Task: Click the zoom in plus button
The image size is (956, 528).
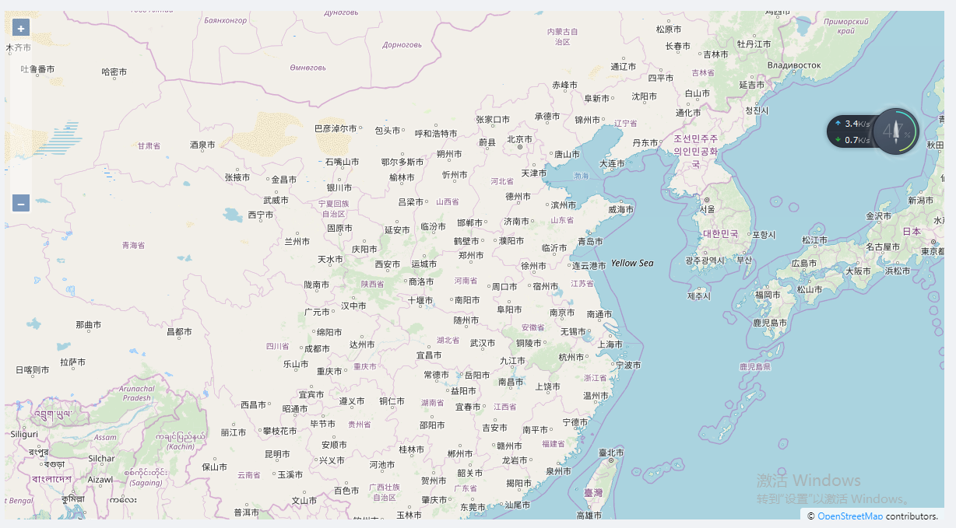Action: [21, 28]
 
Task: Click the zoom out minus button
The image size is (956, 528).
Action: [21, 204]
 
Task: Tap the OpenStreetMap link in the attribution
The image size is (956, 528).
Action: [850, 516]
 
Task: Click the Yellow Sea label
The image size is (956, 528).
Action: [632, 264]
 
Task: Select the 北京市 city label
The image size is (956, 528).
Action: [519, 139]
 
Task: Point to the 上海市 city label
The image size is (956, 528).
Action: [610, 344]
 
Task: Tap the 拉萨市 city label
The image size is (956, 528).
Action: [72, 362]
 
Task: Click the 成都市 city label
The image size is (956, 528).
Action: [316, 349]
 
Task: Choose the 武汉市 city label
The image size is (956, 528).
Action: [483, 343]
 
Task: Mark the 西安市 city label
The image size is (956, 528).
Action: [387, 264]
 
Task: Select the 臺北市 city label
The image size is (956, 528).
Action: [611, 453]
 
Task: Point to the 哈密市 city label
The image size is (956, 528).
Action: [114, 72]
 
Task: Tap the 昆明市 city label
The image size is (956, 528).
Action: [277, 454]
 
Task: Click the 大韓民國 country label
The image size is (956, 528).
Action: [720, 233]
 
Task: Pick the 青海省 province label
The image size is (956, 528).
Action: [133, 245]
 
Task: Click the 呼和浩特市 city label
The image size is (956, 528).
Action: [436, 133]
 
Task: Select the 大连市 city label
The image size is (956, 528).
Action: [612, 163]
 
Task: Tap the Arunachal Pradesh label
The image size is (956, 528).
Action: [137, 393]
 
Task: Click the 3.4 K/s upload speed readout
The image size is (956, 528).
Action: [858, 124]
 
